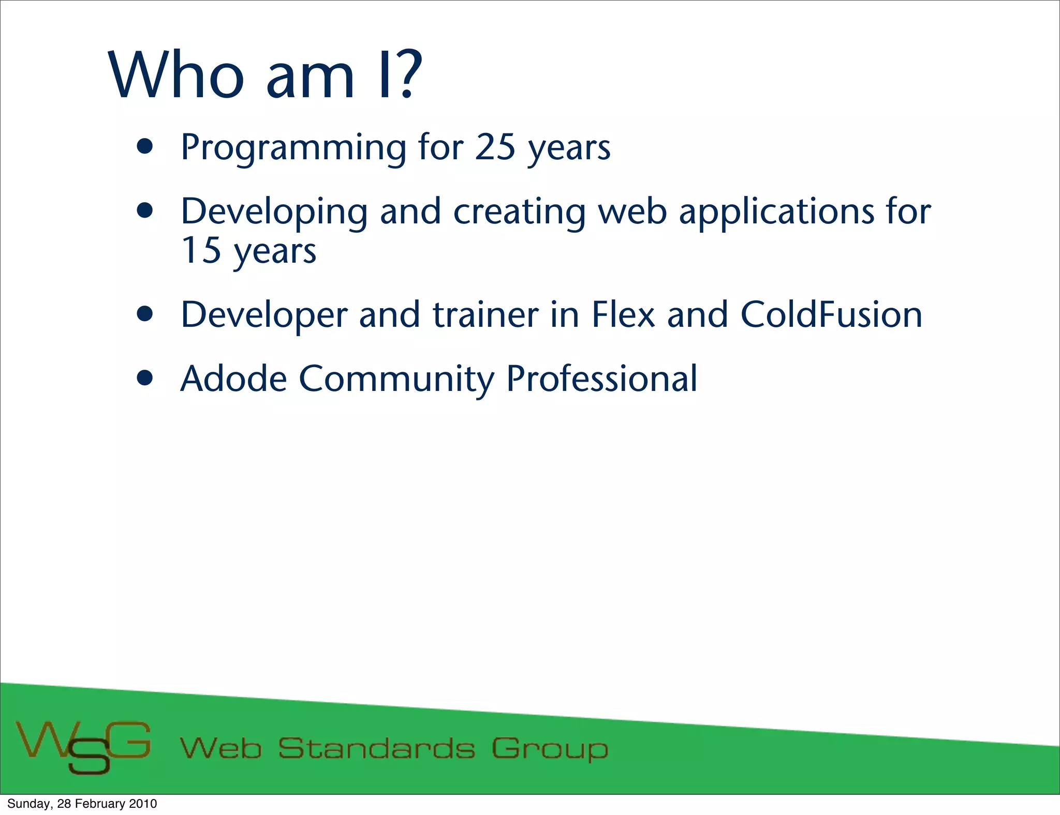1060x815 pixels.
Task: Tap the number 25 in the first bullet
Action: [x=495, y=147]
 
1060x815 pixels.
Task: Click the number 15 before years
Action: [x=201, y=250]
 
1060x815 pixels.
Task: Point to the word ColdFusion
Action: [x=831, y=314]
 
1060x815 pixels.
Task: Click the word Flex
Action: [x=623, y=314]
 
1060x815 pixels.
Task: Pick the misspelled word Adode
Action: [x=233, y=379]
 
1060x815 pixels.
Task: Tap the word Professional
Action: [x=601, y=379]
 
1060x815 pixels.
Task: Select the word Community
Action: [x=396, y=380]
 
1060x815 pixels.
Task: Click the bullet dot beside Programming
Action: [x=145, y=147]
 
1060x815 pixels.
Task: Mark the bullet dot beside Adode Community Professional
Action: [x=145, y=379]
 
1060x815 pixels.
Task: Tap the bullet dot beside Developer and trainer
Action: [x=145, y=314]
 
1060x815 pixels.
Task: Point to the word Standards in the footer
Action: [x=376, y=748]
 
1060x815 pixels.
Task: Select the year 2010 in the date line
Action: [x=143, y=804]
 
